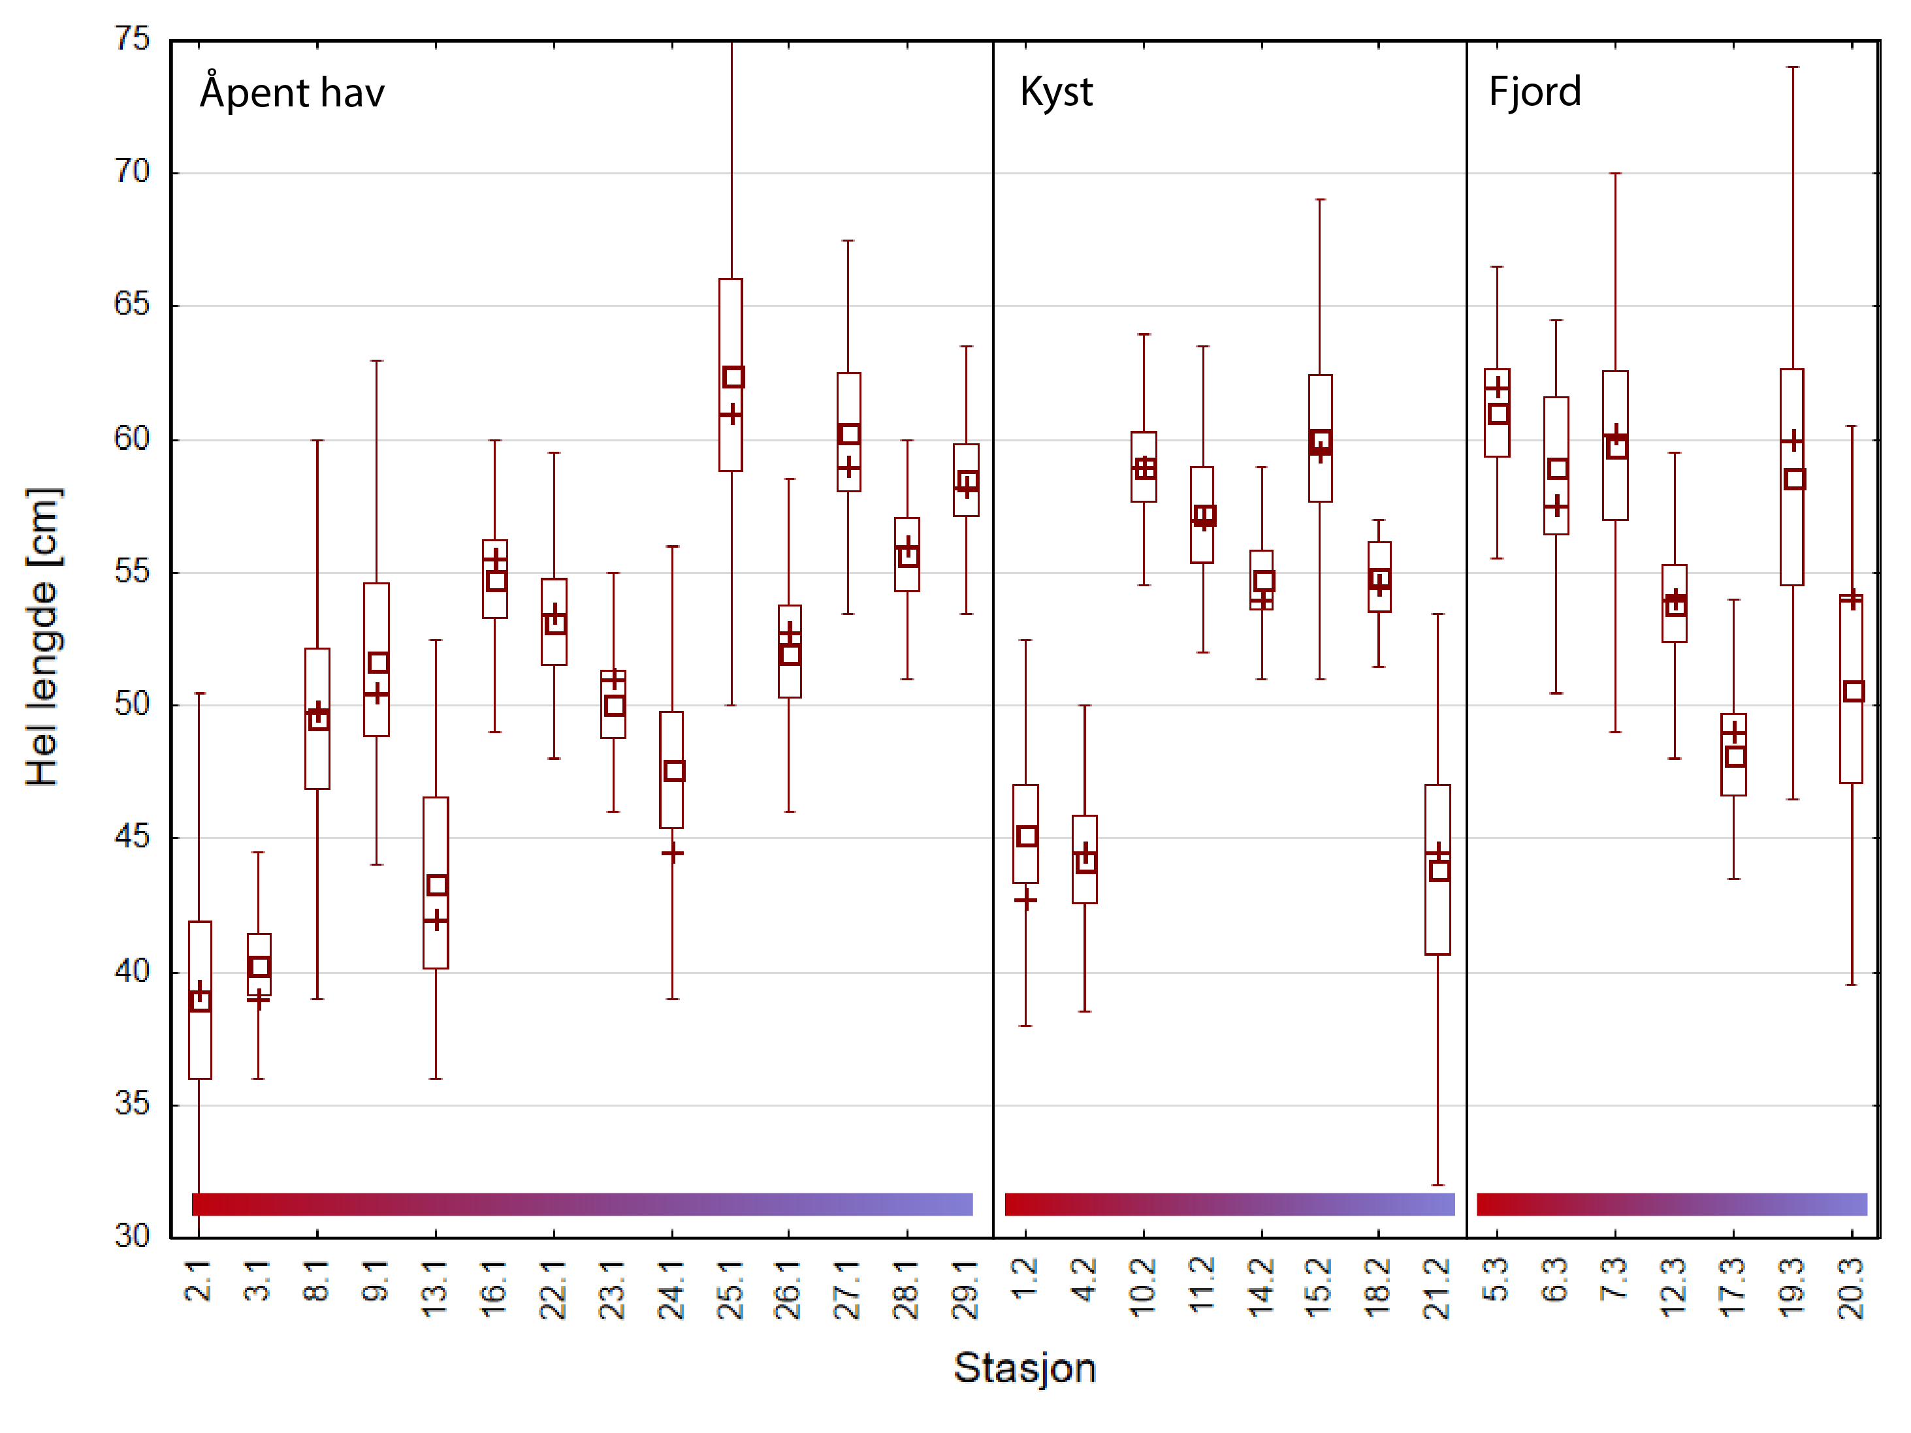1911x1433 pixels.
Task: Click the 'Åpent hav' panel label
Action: (292, 93)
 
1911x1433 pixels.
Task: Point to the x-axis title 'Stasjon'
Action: (1025, 1368)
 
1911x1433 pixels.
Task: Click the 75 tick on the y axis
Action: (132, 39)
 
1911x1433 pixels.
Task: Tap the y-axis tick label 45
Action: (132, 837)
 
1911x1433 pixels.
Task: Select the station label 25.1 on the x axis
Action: (731, 1289)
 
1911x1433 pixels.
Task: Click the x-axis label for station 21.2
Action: (1437, 1289)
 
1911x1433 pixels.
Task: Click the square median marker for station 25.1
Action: (733, 377)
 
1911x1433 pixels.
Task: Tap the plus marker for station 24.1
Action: (672, 853)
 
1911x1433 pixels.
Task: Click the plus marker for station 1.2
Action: (1025, 901)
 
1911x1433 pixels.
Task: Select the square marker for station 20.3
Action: (1853, 691)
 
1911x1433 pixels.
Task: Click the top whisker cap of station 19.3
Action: (1793, 67)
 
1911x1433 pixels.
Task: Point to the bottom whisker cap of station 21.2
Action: (1437, 1185)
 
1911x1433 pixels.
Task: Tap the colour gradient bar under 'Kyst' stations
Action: (1229, 1204)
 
